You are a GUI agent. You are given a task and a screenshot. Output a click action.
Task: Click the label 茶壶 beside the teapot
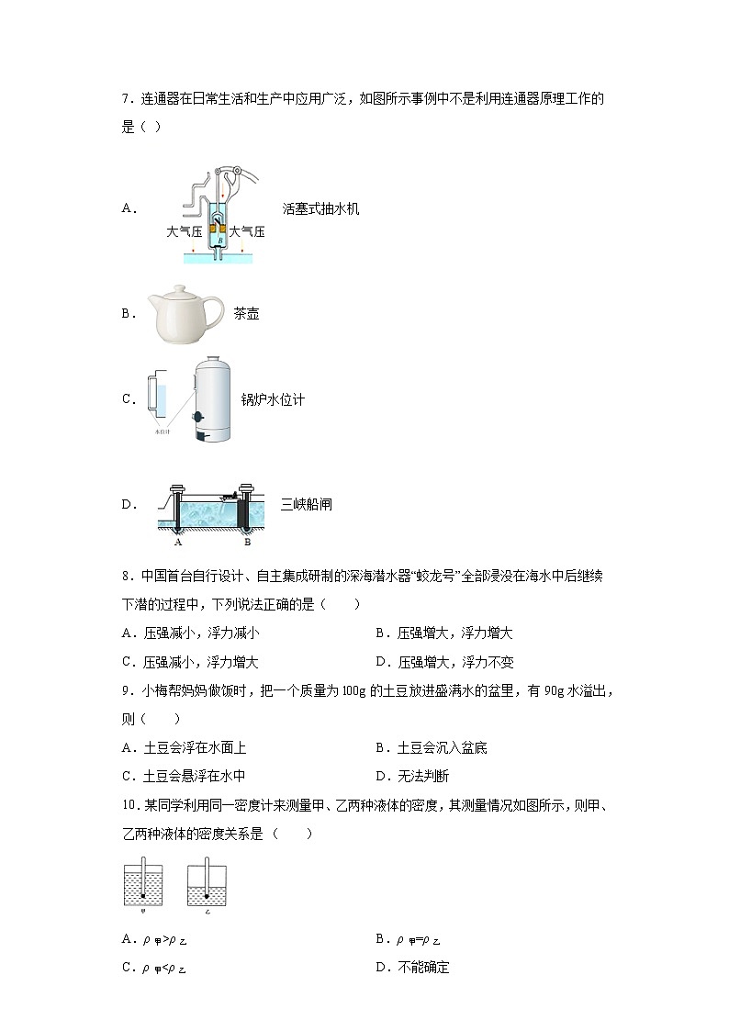click(246, 314)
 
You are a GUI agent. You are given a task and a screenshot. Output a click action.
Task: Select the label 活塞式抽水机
click(321, 208)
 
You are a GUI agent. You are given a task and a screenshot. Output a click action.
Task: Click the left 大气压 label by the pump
click(184, 232)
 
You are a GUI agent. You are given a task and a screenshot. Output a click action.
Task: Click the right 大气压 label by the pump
click(247, 232)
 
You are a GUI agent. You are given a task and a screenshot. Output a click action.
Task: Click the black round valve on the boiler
click(196, 418)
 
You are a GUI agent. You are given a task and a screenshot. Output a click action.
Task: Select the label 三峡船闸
click(307, 504)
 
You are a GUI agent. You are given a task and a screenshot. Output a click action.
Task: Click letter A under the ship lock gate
click(180, 542)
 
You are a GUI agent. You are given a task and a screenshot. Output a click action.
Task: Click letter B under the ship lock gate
click(247, 542)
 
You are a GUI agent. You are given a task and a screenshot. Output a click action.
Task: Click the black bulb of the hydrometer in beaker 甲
click(142, 895)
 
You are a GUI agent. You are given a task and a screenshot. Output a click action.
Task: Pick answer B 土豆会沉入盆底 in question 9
click(431, 747)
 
